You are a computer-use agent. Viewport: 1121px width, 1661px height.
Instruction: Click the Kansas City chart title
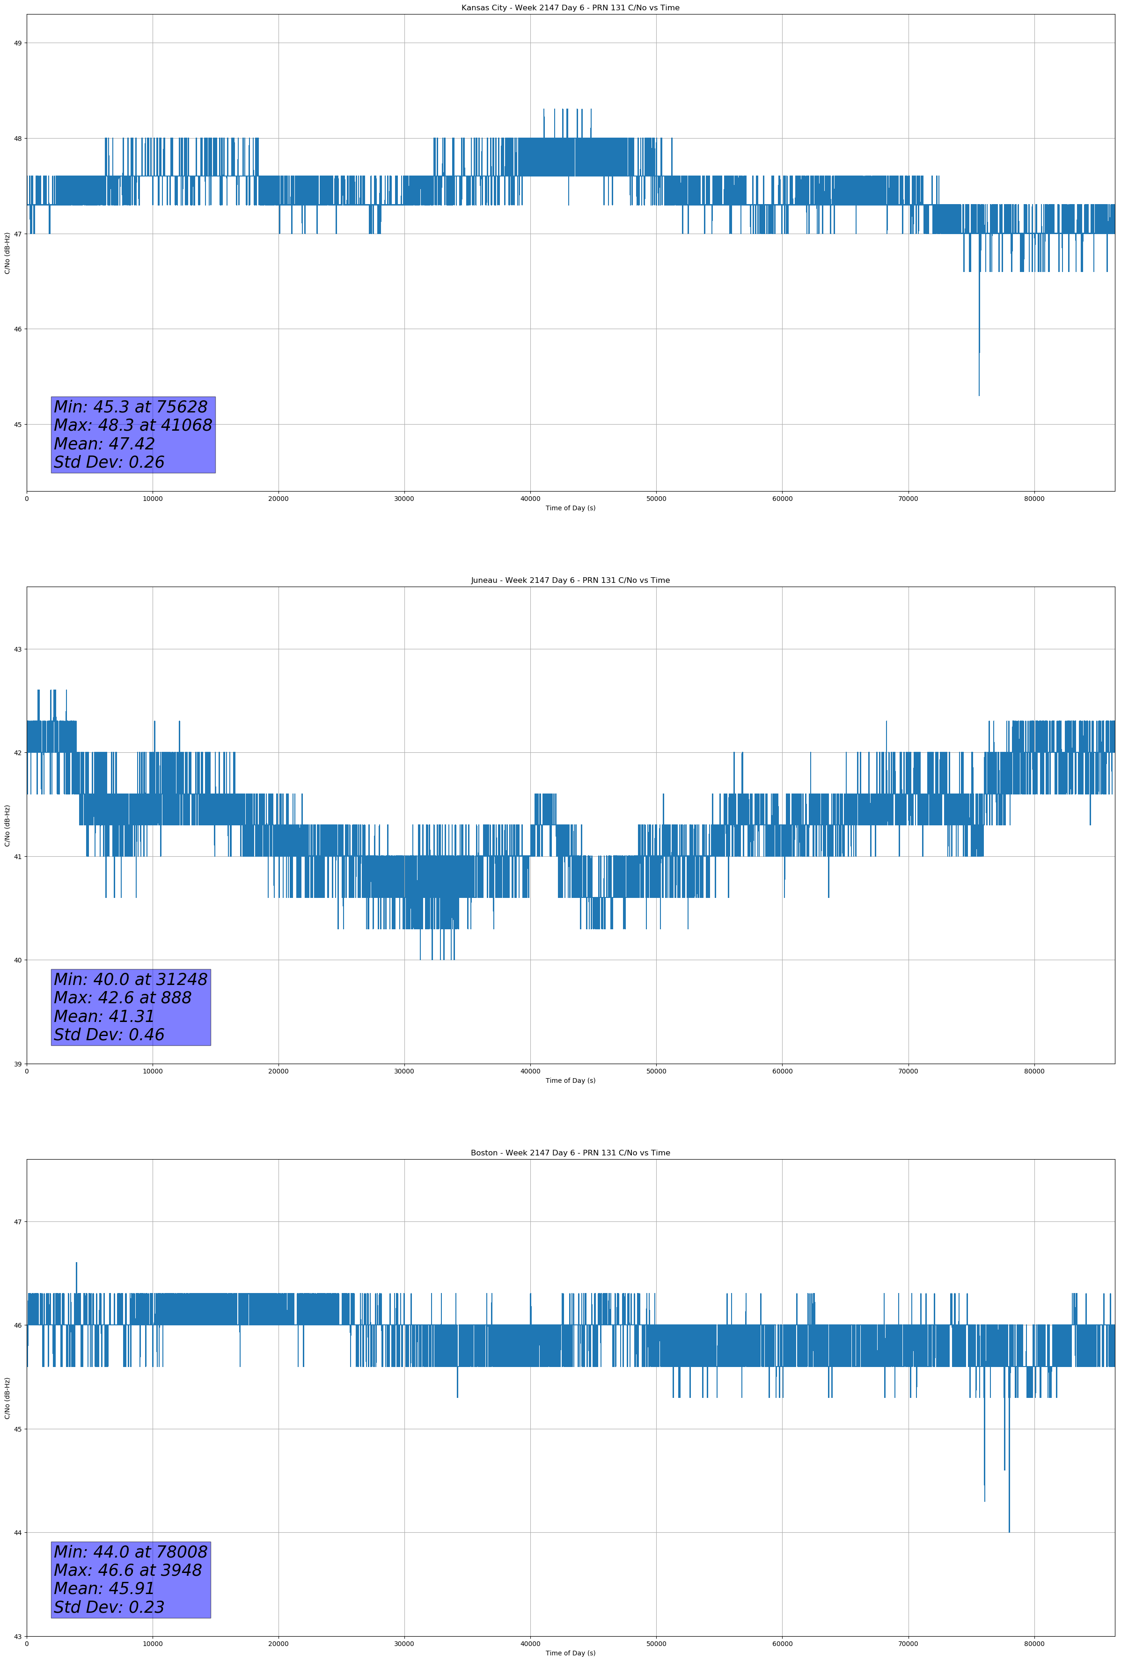coord(570,8)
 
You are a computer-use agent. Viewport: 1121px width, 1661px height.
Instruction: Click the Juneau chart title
coord(570,581)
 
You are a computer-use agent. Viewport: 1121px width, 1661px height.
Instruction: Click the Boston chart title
coord(570,1153)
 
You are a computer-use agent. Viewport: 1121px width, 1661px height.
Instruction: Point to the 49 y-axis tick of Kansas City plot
coord(17,43)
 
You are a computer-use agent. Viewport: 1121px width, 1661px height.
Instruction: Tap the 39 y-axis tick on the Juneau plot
coord(17,1064)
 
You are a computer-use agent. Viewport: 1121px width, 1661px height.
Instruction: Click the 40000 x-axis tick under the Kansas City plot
coord(530,499)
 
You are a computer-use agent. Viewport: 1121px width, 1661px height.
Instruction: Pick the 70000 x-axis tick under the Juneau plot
coord(908,1071)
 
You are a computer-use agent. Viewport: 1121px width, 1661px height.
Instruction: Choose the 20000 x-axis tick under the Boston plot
coord(278,1644)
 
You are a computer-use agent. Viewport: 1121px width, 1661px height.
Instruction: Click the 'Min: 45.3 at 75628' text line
coord(131,407)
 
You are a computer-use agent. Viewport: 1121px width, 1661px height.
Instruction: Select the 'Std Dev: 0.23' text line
coord(110,1607)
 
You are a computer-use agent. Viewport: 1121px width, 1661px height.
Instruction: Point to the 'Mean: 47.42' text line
coord(104,444)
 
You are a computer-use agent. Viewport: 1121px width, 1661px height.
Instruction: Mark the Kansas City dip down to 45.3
coord(979,393)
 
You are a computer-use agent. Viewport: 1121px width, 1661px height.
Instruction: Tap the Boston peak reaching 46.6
coord(76,1264)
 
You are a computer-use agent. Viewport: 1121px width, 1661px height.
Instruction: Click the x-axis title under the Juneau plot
coord(570,1080)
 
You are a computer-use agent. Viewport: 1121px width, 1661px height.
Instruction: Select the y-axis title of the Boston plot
coord(7,1398)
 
